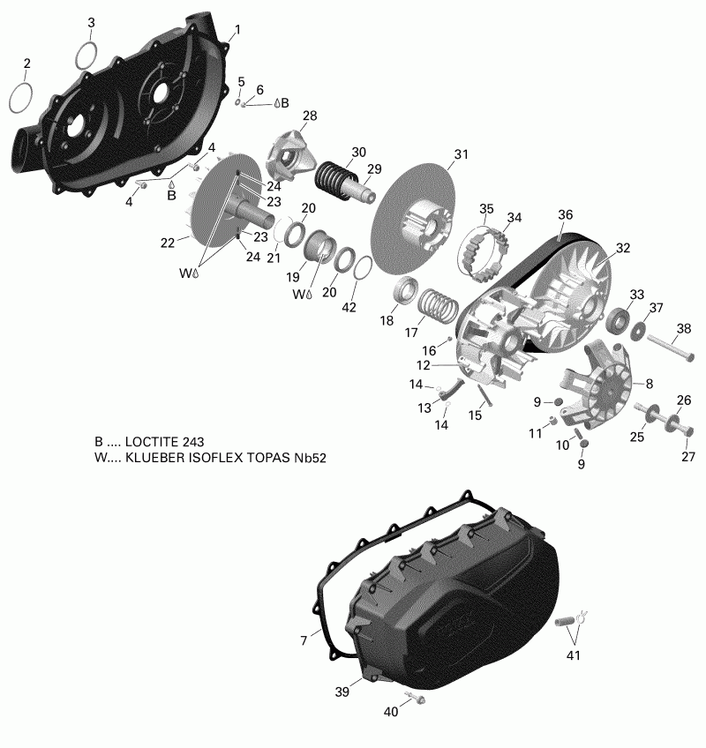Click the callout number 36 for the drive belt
(566, 214)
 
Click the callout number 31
(460, 154)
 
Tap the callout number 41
(575, 655)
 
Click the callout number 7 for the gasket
(304, 640)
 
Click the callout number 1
(235, 31)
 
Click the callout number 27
(687, 457)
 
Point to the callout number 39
(342, 693)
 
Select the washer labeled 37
(636, 330)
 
